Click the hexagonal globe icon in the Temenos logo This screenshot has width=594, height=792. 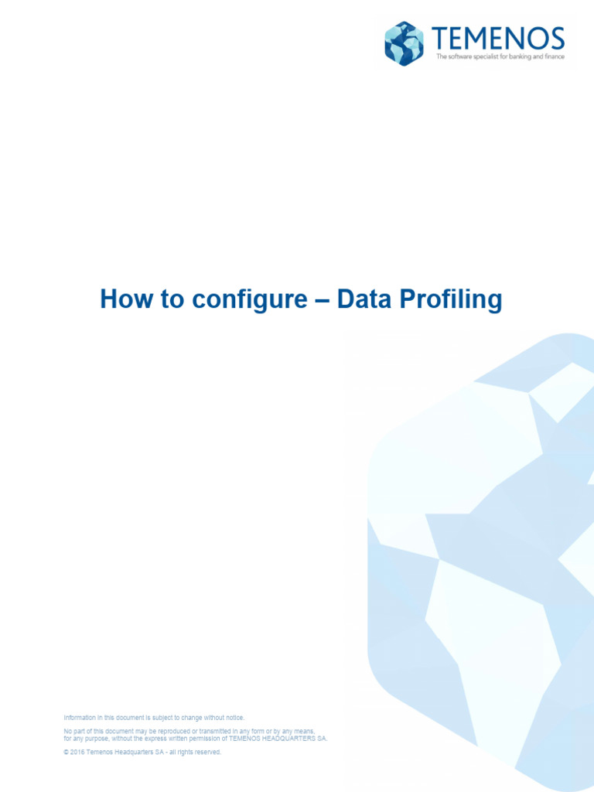pyautogui.click(x=405, y=43)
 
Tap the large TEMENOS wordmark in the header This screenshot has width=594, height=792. pyautogui.click(x=498, y=39)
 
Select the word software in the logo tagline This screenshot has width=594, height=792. pyautogui.click(x=463, y=56)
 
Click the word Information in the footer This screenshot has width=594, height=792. pyautogui.click(x=80, y=718)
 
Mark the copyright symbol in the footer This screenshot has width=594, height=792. pyautogui.click(x=66, y=752)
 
